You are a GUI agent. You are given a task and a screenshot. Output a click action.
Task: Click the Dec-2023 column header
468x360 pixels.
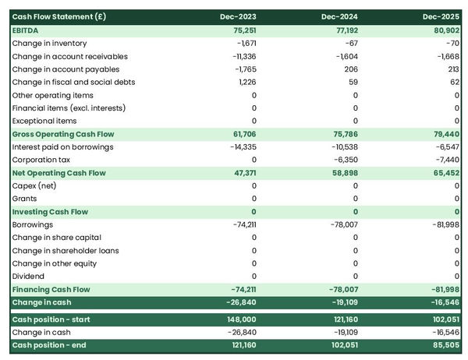[238, 16]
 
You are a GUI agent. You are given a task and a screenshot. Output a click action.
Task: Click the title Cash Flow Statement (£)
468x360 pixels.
[48, 16]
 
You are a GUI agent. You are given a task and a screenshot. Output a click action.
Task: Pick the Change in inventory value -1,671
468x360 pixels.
[243, 43]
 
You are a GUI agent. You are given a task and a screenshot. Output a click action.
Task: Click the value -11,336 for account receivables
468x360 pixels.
[242, 56]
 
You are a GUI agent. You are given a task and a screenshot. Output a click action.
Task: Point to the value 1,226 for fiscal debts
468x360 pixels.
[245, 82]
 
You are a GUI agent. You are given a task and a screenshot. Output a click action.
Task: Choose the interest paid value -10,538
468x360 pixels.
[342, 146]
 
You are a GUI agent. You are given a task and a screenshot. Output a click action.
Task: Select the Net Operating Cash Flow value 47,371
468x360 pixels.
[241, 173]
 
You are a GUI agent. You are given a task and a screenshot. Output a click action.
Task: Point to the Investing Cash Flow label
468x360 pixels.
[50, 212]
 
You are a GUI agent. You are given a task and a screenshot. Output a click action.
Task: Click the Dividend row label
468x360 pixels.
[28, 276]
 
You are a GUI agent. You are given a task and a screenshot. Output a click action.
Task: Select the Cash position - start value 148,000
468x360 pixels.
[239, 319]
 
